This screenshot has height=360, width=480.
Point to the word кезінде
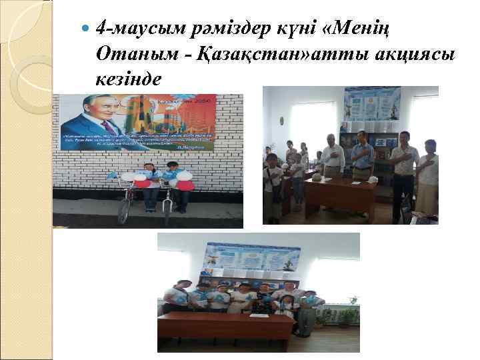coord(128,79)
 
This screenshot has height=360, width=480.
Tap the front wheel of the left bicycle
coord(124,209)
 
